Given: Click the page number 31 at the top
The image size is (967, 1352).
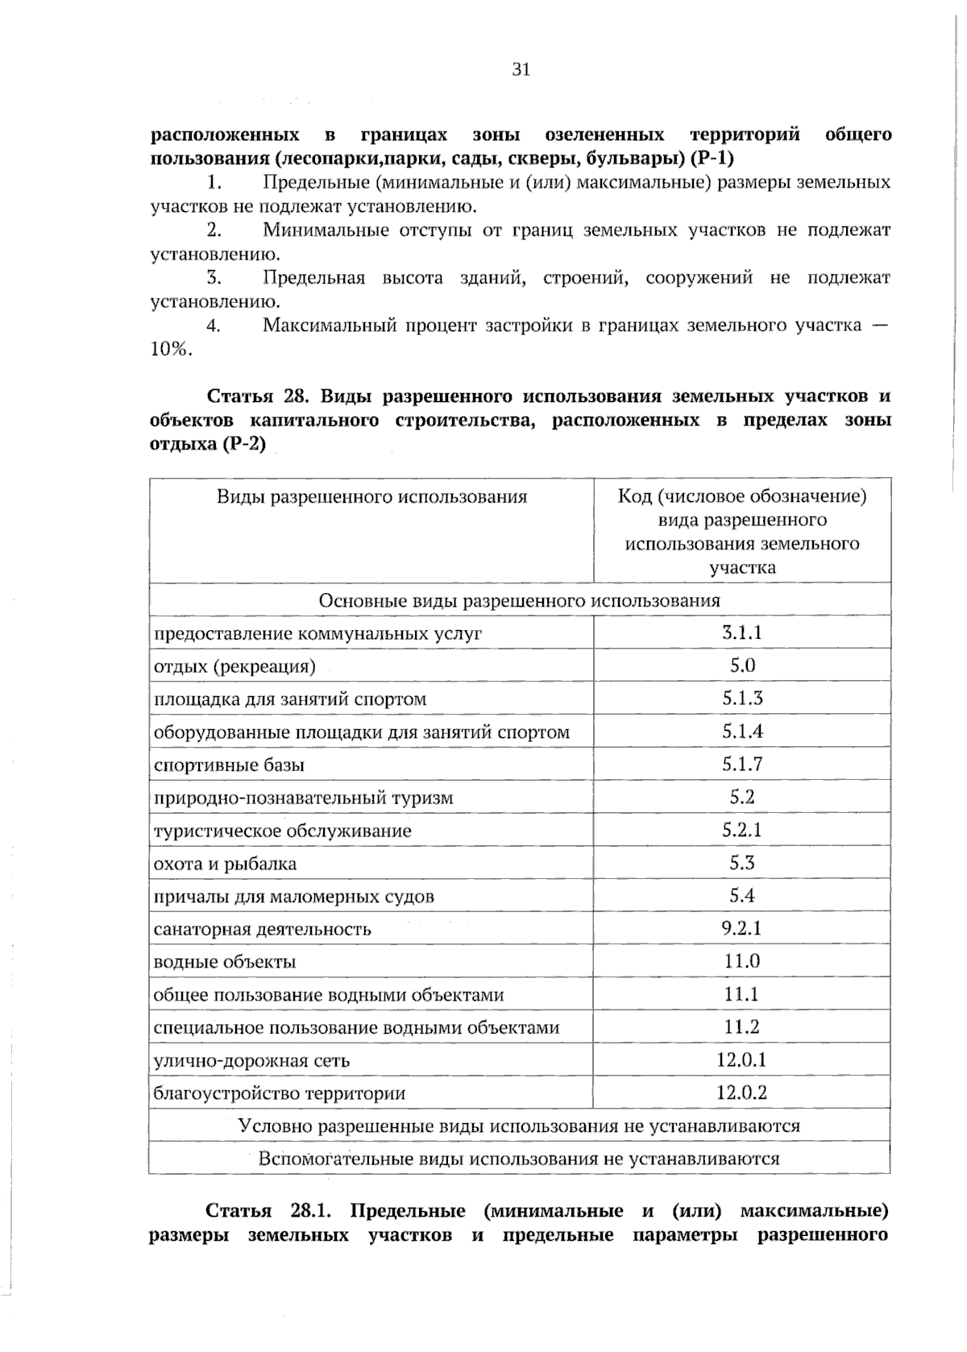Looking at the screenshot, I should click(521, 70).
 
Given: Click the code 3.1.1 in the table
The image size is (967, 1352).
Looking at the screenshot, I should click(741, 632).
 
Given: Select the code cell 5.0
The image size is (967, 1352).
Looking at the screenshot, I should click(741, 666).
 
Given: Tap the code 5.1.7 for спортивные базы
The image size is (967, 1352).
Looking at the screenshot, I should click(741, 764).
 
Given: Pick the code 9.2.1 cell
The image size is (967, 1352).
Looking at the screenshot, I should click(741, 928).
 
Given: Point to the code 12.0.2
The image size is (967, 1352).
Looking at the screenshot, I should click(741, 1093).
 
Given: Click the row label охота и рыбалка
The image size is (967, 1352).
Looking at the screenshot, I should click(225, 864).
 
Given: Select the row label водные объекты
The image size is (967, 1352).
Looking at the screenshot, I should click(224, 962).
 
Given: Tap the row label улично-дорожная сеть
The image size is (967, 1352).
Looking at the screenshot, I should click(251, 1060).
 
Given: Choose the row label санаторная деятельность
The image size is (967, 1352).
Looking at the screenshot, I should click(262, 929).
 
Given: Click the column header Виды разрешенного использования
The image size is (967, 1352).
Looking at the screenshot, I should click(371, 496).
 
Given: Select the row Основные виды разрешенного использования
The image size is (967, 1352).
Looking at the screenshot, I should click(520, 600).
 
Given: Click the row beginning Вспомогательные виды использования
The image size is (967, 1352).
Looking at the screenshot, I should click(520, 1159).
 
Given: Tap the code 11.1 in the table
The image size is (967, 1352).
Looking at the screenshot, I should click(741, 994).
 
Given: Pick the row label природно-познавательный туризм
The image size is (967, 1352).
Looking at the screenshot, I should click(303, 798).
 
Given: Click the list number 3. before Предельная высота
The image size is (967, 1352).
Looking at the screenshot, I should click(213, 278).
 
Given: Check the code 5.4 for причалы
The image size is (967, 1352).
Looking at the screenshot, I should click(741, 895).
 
